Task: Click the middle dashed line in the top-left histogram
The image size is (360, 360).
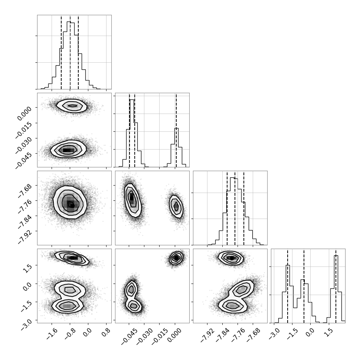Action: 70,52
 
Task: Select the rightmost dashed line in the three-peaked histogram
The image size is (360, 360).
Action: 336,286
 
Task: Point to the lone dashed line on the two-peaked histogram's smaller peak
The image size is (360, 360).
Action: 176,130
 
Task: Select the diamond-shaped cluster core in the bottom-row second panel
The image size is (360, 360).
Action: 176,258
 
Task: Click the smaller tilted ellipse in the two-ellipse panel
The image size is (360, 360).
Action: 176,206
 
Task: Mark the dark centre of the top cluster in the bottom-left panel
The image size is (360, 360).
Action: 72,258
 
